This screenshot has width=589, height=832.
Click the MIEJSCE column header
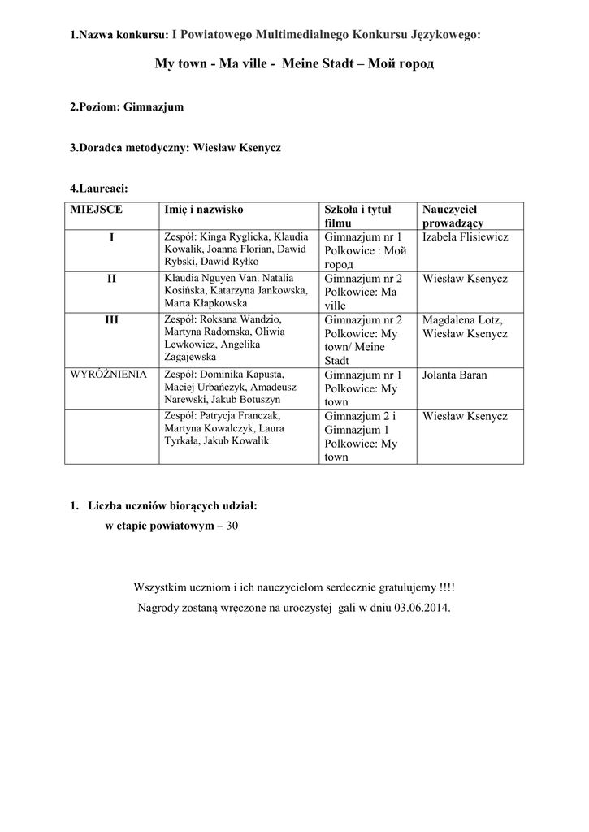pyautogui.click(x=96, y=209)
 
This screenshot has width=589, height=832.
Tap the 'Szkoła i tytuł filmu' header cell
pyautogui.click(x=357, y=215)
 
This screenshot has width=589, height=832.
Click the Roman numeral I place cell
pyautogui.click(x=111, y=236)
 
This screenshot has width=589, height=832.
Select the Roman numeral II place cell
pyautogui.click(x=111, y=278)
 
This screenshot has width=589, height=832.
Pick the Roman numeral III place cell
pyautogui.click(x=111, y=319)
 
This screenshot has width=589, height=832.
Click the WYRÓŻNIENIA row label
pyautogui.click(x=110, y=375)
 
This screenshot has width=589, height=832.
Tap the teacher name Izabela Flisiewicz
pyautogui.click(x=466, y=236)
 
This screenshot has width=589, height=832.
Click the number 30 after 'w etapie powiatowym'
pyautogui.click(x=232, y=526)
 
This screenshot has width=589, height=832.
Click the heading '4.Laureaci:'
pyautogui.click(x=99, y=188)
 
